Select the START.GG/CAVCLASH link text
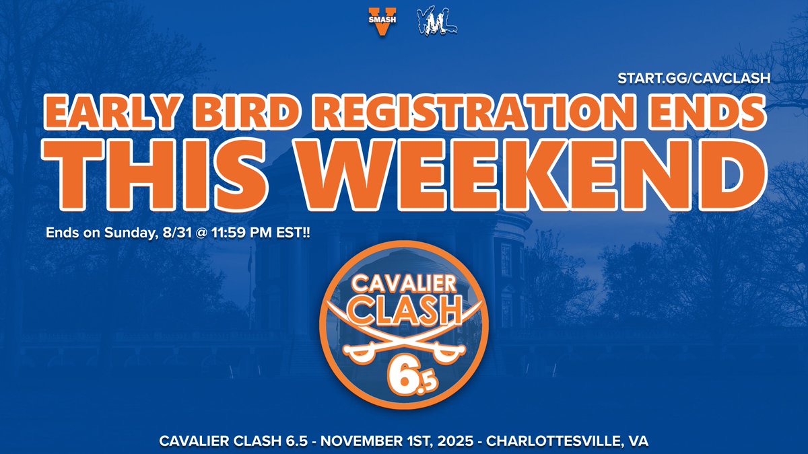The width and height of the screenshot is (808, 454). coord(694,79)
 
